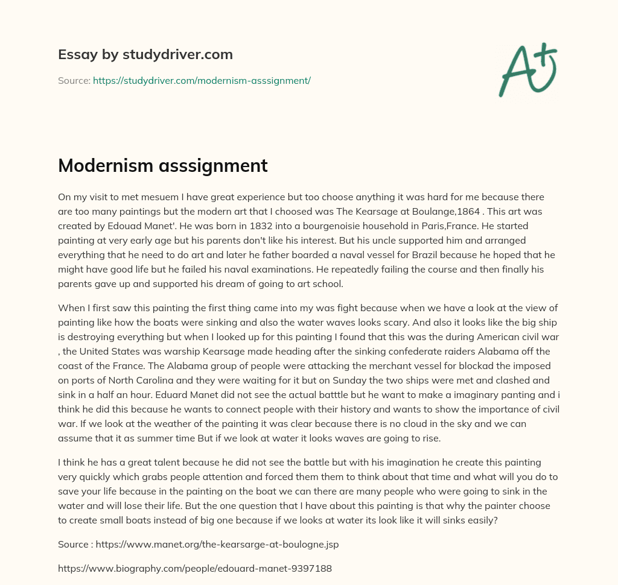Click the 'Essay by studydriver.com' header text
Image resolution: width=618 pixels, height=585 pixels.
[x=145, y=54]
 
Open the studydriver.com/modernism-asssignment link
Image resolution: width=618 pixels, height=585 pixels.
[x=202, y=80]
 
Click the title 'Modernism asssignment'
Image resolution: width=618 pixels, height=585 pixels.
[x=163, y=166]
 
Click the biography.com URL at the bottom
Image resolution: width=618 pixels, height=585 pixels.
[x=195, y=568]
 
